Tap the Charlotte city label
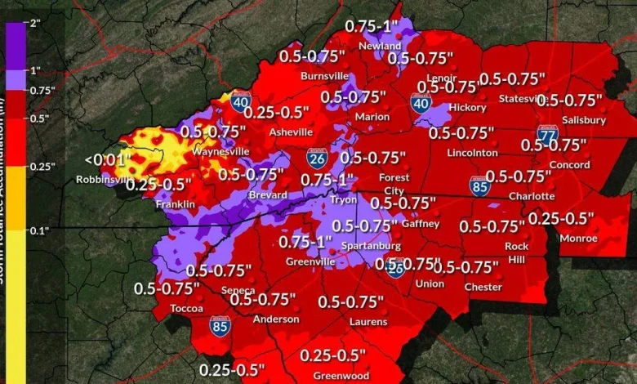pyautogui.click(x=532, y=196)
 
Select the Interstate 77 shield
pyautogui.click(x=547, y=133)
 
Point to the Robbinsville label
pyautogui.click(x=102, y=180)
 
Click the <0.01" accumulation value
pyautogui.click(x=102, y=160)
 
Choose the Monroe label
pyautogui.click(x=579, y=239)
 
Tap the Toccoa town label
pyautogui.click(x=187, y=309)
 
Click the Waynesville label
pyautogui.click(x=220, y=152)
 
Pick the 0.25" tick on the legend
pyautogui.click(x=41, y=167)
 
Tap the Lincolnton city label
pyautogui.click(x=472, y=153)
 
